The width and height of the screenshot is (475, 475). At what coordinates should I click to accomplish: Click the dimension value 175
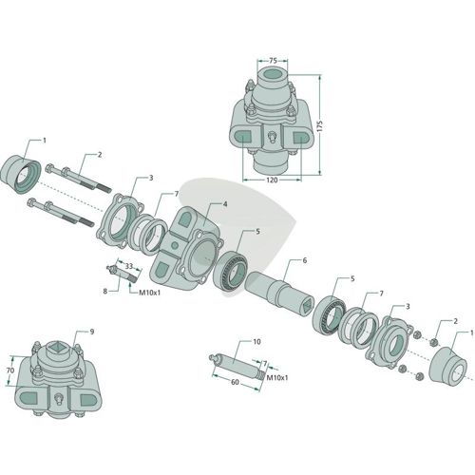coord(321,126)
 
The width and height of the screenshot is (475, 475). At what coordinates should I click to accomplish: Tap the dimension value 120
coord(272,180)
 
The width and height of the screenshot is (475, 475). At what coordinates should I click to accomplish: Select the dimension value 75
coord(273,60)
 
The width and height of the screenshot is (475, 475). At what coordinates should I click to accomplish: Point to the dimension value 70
coord(10,370)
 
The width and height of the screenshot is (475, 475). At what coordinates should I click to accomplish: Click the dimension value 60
coord(235,382)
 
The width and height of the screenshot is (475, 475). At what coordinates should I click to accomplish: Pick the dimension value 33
coord(128,266)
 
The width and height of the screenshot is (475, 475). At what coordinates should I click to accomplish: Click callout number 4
coord(225,204)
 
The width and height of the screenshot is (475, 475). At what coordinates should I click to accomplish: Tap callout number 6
coord(305,260)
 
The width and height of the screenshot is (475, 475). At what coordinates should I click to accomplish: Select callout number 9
coord(92,332)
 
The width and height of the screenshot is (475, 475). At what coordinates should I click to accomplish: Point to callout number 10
coord(256,342)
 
